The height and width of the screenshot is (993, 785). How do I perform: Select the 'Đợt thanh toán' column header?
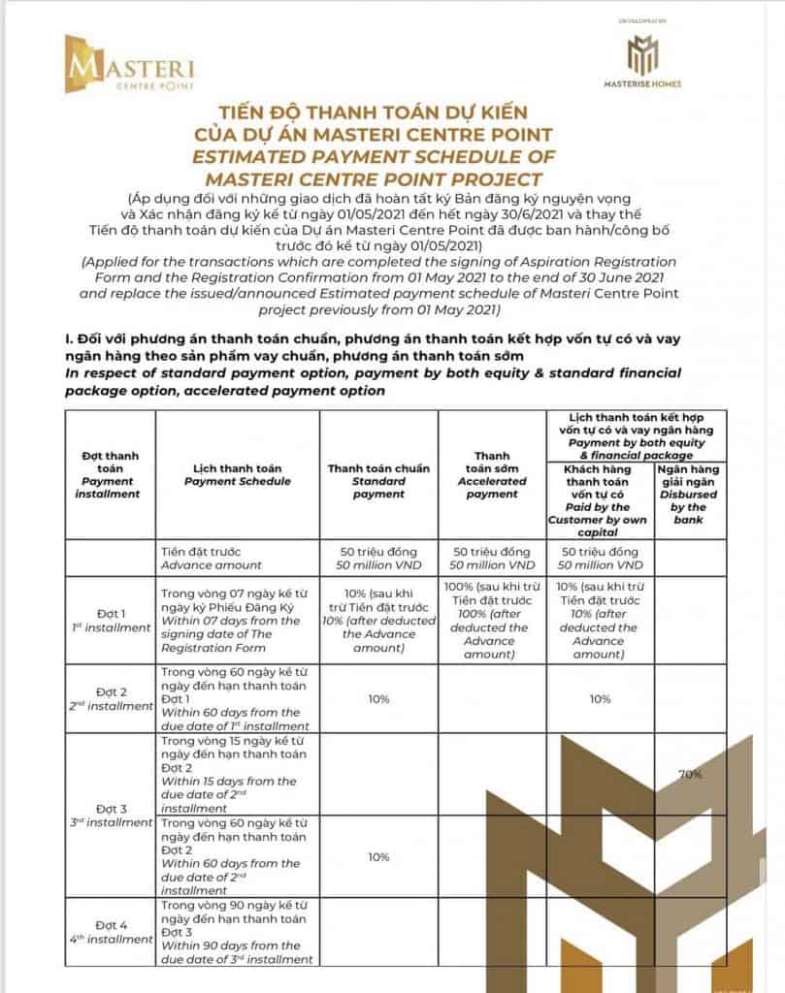tap(108, 473)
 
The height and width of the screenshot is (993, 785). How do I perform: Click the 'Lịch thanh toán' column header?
tap(237, 473)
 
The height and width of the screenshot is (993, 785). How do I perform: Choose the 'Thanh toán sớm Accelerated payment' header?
tap(492, 473)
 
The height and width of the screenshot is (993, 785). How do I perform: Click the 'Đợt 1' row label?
tap(108, 621)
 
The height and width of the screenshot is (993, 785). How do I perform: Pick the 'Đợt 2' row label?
tap(108, 698)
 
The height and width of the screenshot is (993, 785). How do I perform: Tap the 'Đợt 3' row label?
tap(108, 815)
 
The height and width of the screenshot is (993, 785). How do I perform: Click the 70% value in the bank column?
tap(690, 775)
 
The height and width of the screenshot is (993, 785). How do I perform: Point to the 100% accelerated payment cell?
tap(492, 621)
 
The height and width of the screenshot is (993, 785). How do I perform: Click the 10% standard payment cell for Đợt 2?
tap(378, 698)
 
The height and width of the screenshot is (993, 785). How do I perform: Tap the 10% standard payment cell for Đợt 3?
tap(378, 857)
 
